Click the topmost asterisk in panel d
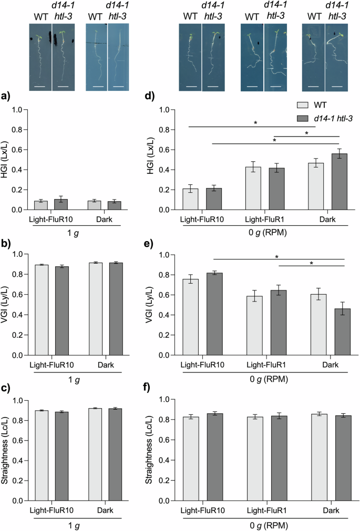[x=255, y=123]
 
